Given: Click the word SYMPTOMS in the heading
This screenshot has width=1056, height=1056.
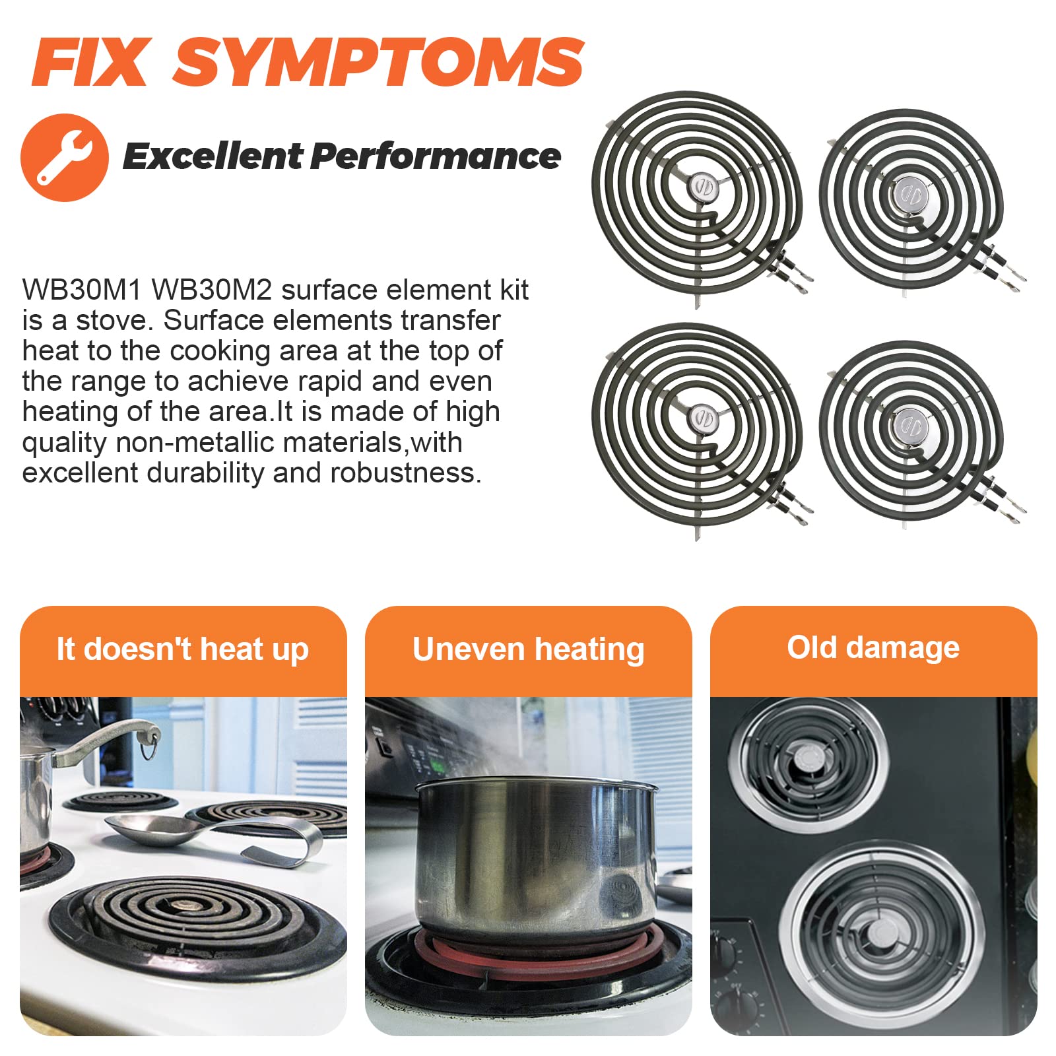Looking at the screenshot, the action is pos(378,62).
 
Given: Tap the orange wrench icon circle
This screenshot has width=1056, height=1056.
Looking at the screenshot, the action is pos(65,157).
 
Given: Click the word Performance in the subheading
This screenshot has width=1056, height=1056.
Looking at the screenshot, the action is pos(436,156).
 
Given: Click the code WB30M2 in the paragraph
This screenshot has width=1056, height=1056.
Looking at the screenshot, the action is pos(212,290).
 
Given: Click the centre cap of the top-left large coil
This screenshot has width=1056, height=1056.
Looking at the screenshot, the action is pos(701,187).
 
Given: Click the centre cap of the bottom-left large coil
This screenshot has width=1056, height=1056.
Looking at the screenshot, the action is pos(701,418).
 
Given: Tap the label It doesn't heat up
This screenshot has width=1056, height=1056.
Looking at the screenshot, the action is pos(183,649).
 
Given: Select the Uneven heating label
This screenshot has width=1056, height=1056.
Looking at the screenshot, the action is pos(529,649).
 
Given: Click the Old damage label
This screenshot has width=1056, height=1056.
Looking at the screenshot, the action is pos(873,647).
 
